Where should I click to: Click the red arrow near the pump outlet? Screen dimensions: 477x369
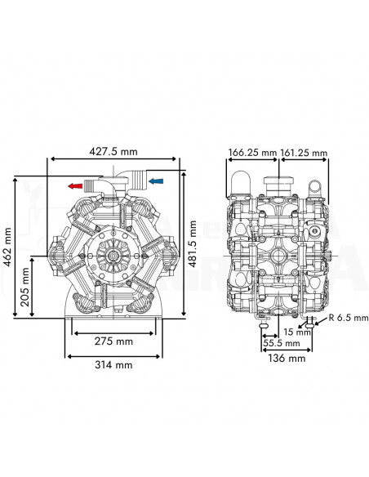click(76, 185)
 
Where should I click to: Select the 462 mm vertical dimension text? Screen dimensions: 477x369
click(7, 245)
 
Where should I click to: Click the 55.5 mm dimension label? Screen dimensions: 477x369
click(281, 344)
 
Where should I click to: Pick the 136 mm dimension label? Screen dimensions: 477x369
click(287, 358)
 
